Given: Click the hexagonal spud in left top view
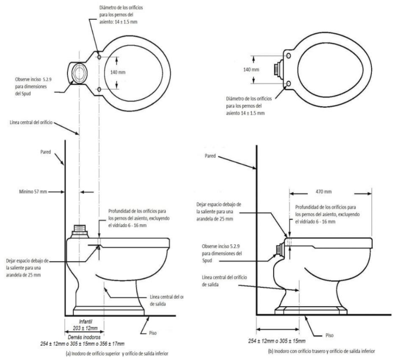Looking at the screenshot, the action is point(79,72).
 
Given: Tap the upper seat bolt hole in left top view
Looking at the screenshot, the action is point(99,57).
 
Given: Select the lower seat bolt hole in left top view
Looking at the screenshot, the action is point(99,90).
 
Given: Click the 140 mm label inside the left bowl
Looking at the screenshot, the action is point(118,73).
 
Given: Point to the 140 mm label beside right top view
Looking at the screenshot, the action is point(251,70).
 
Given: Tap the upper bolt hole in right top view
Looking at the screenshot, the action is point(288,56).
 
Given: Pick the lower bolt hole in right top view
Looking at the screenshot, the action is point(288,84).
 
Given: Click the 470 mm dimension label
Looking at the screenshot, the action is point(324,192).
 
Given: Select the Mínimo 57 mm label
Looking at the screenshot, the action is point(33,192).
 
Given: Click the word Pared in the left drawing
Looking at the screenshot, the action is point(45,152).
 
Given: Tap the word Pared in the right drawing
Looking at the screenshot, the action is point(210,156).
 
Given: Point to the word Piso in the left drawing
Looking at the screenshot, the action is point(153,333).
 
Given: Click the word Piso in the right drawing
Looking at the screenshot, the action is point(330,335).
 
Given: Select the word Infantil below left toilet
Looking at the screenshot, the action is point(85,322).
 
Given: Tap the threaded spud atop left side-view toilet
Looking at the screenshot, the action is point(79,231).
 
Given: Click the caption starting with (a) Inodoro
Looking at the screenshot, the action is point(117,354).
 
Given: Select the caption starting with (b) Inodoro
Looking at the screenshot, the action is point(322,351).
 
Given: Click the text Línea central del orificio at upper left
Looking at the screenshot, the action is point(31,123).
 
